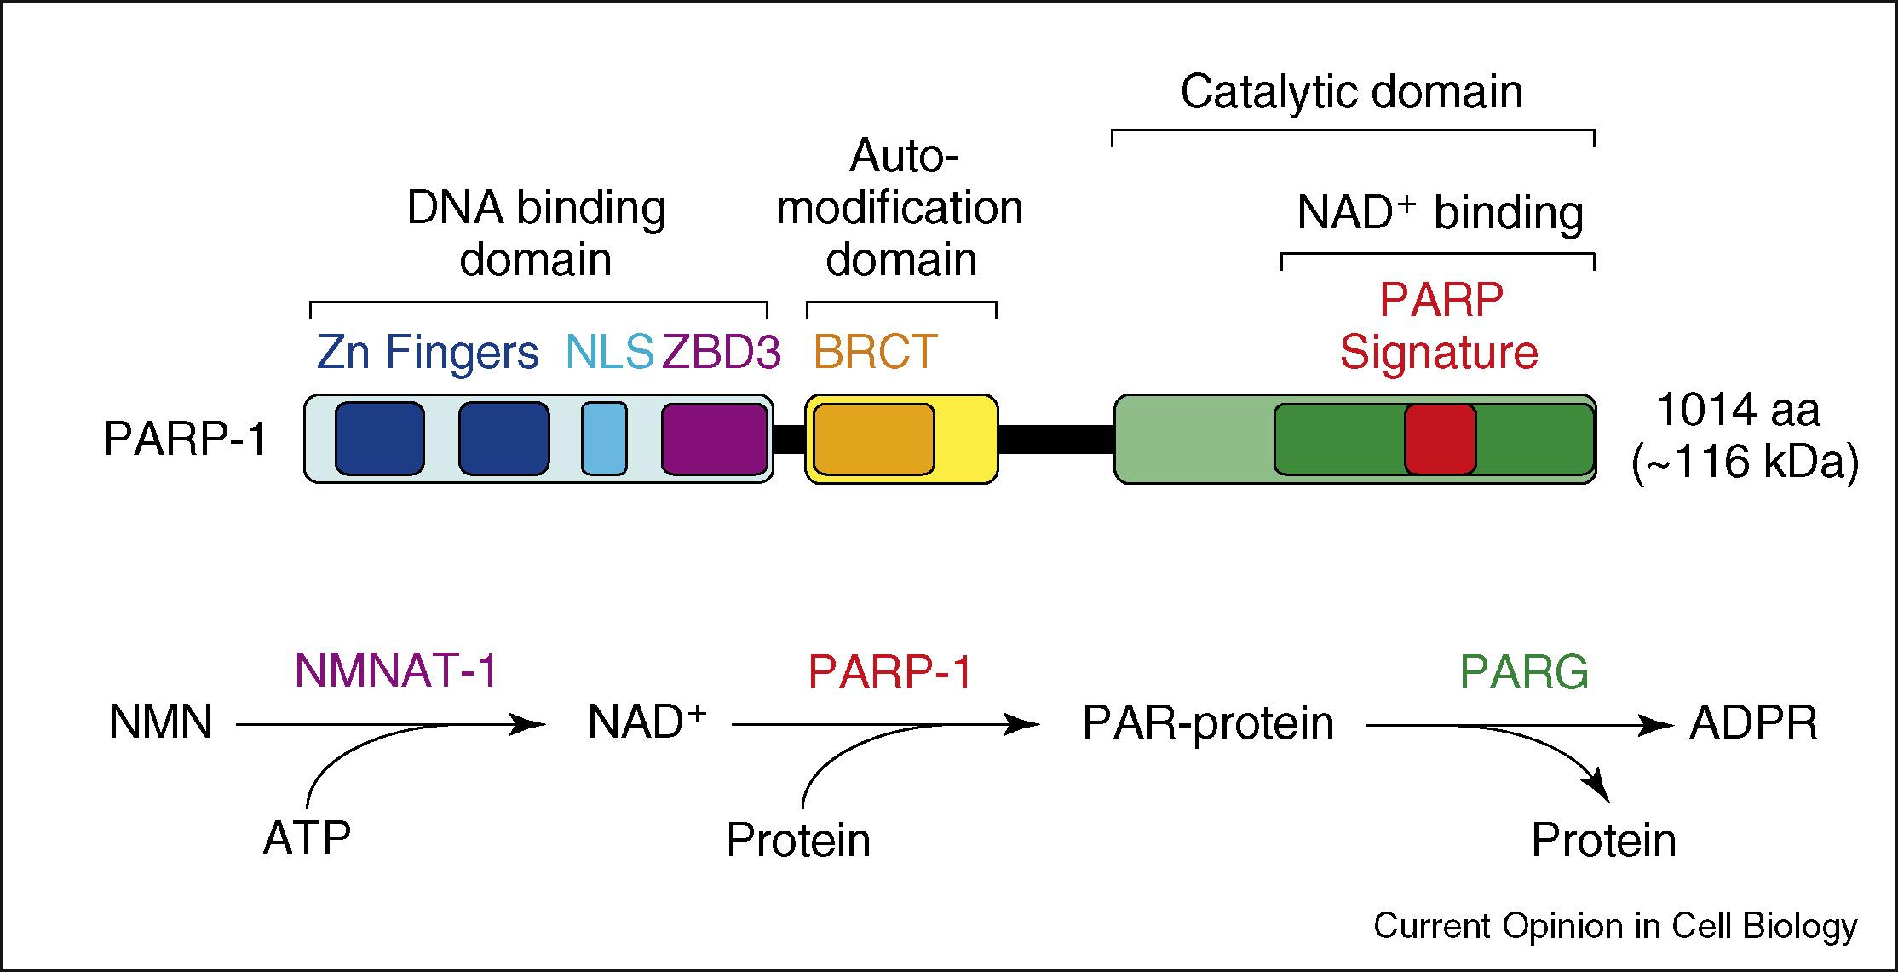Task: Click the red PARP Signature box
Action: pos(1440,439)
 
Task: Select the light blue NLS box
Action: pos(604,439)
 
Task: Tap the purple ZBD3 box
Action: pos(715,439)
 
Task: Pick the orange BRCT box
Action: pos(873,439)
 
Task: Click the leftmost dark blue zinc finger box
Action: pos(379,439)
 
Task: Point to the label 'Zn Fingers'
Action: pos(428,352)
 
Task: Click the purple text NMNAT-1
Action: pos(396,671)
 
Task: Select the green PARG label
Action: pos(1524,673)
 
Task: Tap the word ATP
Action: pos(307,839)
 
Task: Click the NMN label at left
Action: pos(161,724)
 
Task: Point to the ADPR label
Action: pos(1753,724)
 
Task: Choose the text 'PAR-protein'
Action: pos(1208,724)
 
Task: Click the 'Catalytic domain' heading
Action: pos(1351,92)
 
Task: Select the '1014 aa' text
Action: pos(1739,411)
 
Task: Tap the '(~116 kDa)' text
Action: pos(1745,464)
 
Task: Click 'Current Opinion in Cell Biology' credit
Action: pos(1615,926)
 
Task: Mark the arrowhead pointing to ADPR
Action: pos(1659,726)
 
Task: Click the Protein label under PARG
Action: pos(1603,841)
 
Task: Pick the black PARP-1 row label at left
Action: pos(186,440)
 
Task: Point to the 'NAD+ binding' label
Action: pos(1440,213)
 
